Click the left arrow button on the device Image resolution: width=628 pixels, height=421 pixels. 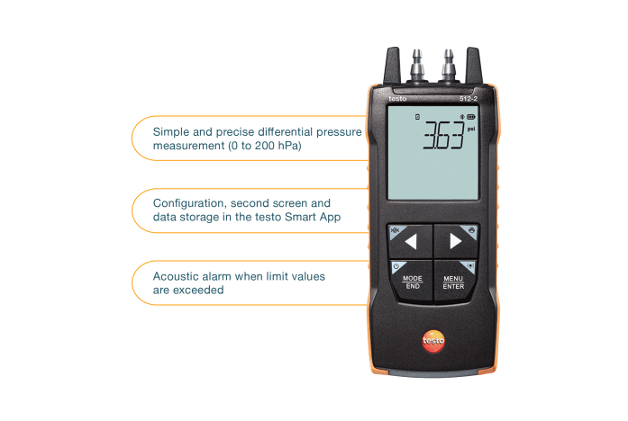(x=410, y=241)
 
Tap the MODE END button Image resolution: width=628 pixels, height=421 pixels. (x=412, y=281)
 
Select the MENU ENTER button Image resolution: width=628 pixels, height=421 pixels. (x=453, y=281)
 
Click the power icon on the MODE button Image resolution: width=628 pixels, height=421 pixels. (x=395, y=266)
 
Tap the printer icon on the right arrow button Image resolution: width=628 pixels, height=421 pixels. (x=469, y=230)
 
